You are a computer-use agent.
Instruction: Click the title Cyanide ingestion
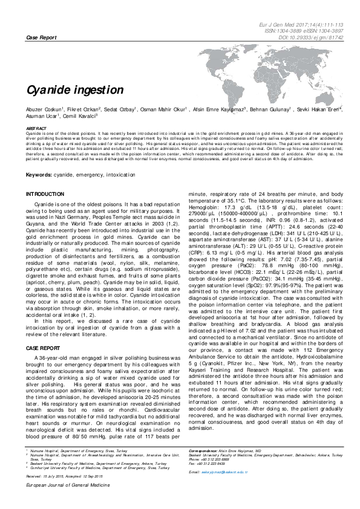tap(74, 90)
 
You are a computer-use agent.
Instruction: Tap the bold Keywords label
tap(38, 175)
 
